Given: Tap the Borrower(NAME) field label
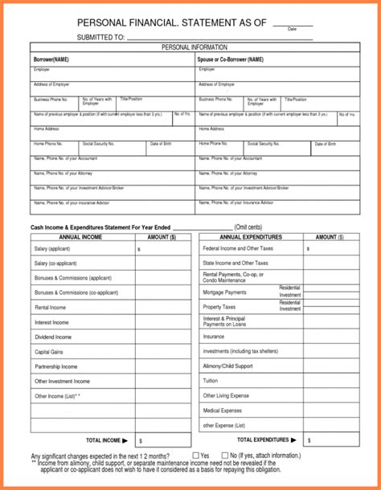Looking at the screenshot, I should pyautogui.click(x=51, y=59).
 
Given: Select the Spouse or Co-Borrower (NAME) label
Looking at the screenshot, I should pyautogui.click(x=231, y=59).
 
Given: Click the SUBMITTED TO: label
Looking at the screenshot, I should pyautogui.click(x=100, y=37).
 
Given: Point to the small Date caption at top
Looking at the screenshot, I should pyautogui.click(x=292, y=29).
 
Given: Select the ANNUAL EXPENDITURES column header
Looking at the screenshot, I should pyautogui.click(x=251, y=238).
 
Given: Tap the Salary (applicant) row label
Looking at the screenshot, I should pyautogui.click(x=52, y=250).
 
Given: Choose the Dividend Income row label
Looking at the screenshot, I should pyautogui.click(x=50, y=337).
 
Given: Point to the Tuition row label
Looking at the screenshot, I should pyautogui.click(x=211, y=381).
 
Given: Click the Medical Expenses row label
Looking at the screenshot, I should pyautogui.click(x=222, y=410).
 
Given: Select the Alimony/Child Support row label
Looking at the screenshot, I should pyautogui.click(x=227, y=365).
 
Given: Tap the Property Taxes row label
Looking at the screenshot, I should pyautogui.click(x=219, y=308).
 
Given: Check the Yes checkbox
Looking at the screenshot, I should pyautogui.click(x=195, y=455).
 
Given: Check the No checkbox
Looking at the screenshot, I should pyautogui.click(x=224, y=455).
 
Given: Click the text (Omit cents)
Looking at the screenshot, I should pyautogui.click(x=251, y=227).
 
